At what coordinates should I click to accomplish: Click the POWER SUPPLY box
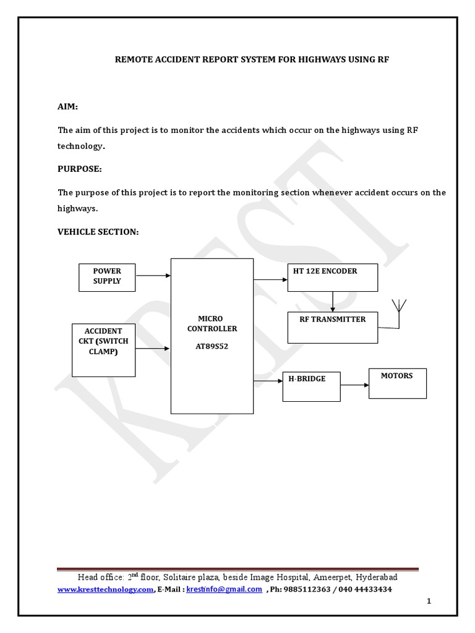click(107, 277)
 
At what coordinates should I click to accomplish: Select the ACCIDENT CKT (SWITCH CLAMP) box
click(103, 350)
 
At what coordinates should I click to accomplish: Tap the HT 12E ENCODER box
click(332, 277)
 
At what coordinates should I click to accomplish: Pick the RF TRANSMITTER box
click(332, 327)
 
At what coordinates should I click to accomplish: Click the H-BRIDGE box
click(311, 386)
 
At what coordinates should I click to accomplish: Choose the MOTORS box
click(397, 383)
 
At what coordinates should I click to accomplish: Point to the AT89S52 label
click(212, 347)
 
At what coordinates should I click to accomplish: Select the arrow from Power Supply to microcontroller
click(153, 276)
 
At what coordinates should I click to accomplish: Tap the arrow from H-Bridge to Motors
click(354, 385)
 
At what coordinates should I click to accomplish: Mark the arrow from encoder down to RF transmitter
click(333, 301)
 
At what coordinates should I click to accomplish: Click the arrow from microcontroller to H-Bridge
click(268, 380)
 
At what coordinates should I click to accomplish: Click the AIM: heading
click(68, 107)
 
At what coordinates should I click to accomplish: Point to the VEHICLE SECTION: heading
click(98, 231)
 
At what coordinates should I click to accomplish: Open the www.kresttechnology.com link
click(105, 590)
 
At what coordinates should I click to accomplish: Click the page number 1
click(429, 601)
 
